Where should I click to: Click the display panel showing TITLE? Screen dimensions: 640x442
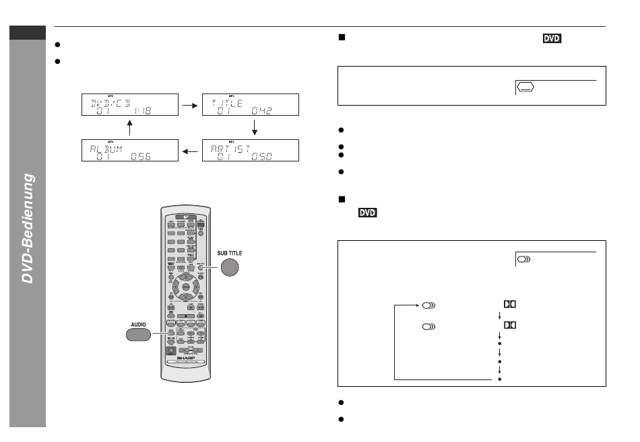coord(249,106)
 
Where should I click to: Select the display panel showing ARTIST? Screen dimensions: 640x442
coord(249,151)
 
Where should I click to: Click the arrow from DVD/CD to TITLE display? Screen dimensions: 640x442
coord(190,106)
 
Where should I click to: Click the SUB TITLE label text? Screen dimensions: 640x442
coord(228,253)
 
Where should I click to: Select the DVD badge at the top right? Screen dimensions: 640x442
coord(552,40)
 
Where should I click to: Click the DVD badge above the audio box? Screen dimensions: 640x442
coord(367,213)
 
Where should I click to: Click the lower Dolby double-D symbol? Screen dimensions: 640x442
coord(509,326)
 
